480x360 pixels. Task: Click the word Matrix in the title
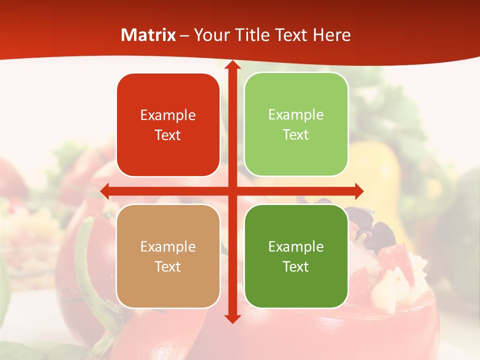coord(148,35)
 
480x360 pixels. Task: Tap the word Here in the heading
coord(331,35)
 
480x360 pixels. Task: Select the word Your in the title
coord(210,35)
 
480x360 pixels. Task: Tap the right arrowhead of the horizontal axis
coord(358,191)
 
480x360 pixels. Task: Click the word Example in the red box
coord(168,115)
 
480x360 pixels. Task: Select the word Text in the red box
coord(168,135)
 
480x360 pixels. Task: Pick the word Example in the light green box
coord(296,115)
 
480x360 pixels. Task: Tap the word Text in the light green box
coord(296,135)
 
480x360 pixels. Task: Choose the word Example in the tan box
coord(168,246)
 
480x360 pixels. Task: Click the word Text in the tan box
coord(168,266)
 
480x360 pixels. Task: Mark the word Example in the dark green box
coord(296,246)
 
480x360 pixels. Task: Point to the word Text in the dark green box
coord(296,266)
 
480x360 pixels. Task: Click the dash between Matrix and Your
coord(184,35)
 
